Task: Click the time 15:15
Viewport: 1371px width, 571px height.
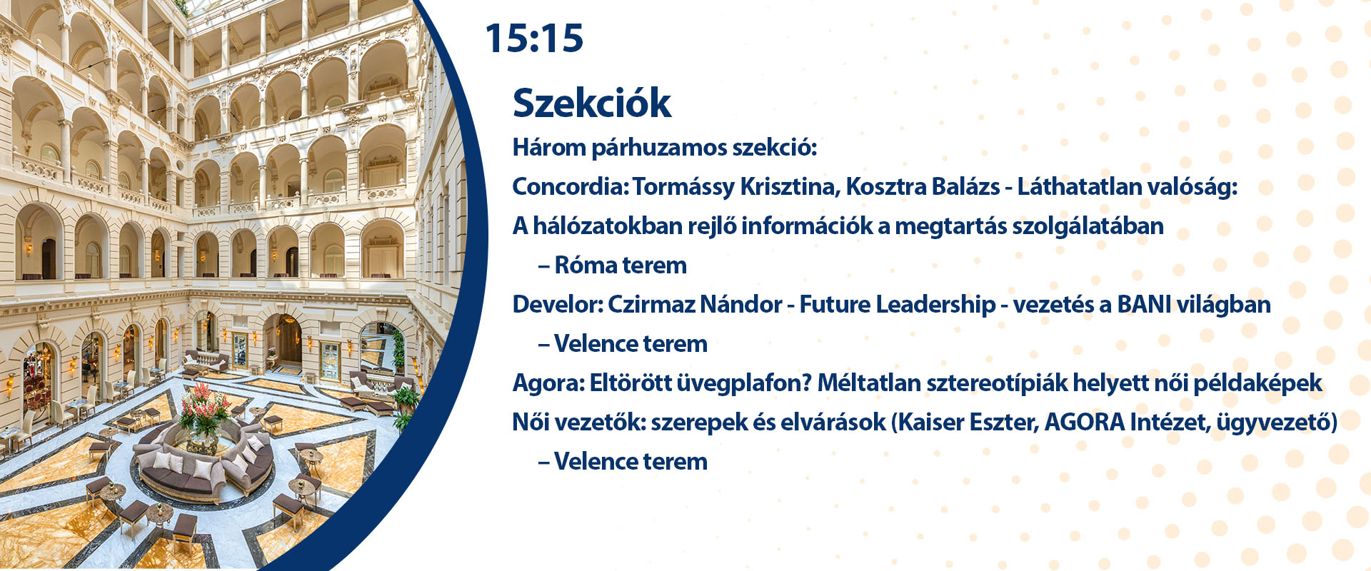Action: pos(534,38)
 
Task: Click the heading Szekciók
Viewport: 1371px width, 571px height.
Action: pos(592,103)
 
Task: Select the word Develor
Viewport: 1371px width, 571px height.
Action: pos(557,304)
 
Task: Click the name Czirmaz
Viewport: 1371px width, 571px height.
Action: pos(651,304)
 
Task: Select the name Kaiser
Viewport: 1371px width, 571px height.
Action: pos(930,422)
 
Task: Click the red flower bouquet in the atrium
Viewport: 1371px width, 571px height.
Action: pos(206,407)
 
